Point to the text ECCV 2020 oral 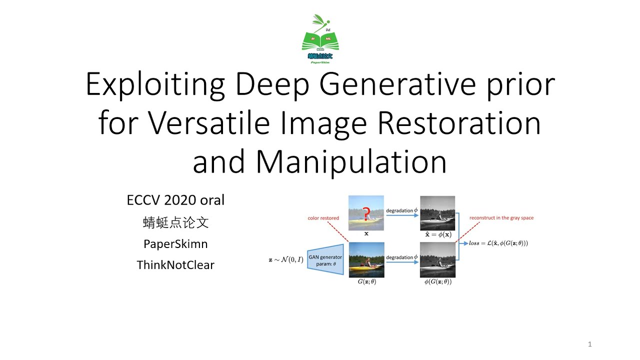click(x=175, y=200)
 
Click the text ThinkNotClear click(x=175, y=265)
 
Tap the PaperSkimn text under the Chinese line click(x=175, y=244)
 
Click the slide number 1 click(x=590, y=344)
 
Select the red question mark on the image click(x=366, y=214)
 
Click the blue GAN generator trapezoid click(x=325, y=260)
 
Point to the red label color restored click(x=323, y=218)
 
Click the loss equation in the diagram click(x=498, y=243)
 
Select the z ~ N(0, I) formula click(x=286, y=260)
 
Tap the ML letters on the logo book click(x=328, y=38)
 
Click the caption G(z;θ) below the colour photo click(x=366, y=282)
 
